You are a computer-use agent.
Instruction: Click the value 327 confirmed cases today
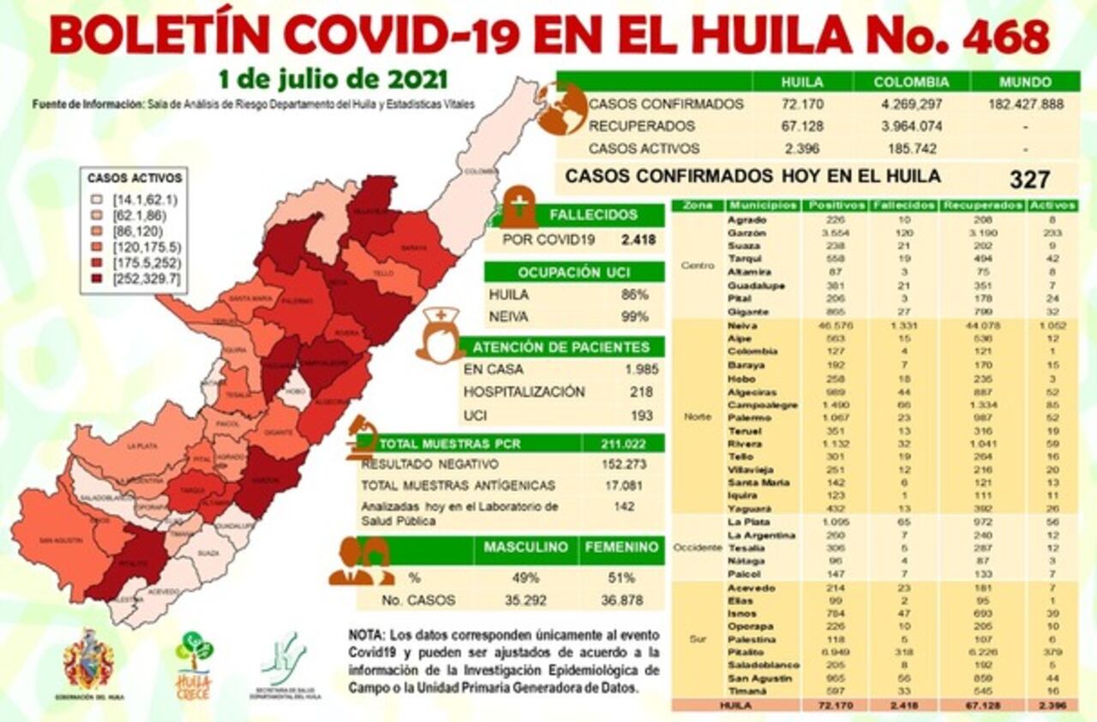(x=1029, y=179)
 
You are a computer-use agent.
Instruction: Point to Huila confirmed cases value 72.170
(x=802, y=104)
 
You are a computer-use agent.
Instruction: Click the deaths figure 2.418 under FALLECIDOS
(x=638, y=239)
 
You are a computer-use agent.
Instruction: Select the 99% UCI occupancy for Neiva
(x=638, y=316)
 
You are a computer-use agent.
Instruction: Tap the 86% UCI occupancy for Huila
(x=638, y=294)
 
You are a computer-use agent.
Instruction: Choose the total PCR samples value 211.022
(x=625, y=443)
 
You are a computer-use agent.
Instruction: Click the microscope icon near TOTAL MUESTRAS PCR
(x=363, y=437)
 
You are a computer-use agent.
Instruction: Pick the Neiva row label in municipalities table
(x=740, y=325)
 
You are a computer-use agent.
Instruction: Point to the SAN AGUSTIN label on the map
(x=58, y=540)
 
